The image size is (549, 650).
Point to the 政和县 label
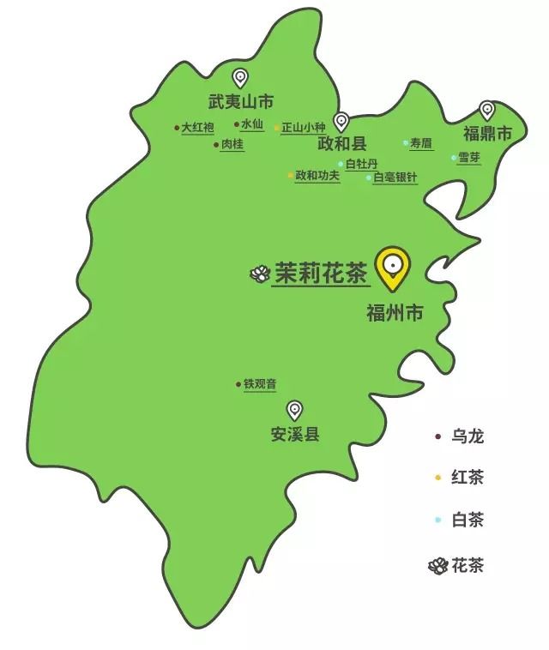point(341,142)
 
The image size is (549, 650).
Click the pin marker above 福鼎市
point(487,110)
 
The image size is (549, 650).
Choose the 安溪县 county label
point(294,434)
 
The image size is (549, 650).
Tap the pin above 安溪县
point(294,409)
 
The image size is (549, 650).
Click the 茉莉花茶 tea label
point(321,274)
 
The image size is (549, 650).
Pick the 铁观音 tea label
point(260,384)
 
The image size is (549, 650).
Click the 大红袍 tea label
point(196,128)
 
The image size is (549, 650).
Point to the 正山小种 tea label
point(304,128)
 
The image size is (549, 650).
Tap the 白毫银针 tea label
point(395,178)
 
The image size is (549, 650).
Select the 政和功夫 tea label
point(317,175)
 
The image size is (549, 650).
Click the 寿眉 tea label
point(420,142)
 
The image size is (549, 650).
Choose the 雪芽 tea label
point(469,157)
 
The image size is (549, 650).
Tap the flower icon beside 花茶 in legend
point(437,565)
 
